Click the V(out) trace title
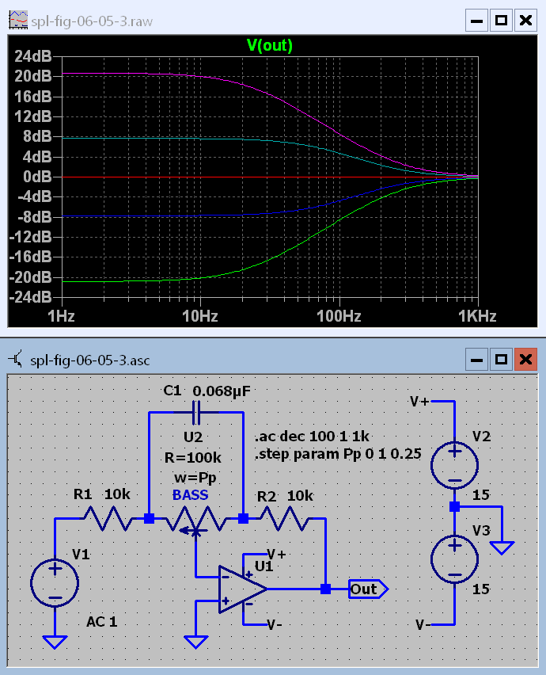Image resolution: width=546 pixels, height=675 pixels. click(x=270, y=46)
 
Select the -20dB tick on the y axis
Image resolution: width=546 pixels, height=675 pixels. click(x=32, y=277)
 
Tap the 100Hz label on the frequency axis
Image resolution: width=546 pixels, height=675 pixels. click(x=339, y=317)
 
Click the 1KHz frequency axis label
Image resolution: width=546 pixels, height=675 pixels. click(x=476, y=317)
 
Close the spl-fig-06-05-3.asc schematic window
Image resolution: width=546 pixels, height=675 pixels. click(x=525, y=360)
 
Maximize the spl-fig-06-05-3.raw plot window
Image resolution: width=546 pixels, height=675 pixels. click(x=500, y=20)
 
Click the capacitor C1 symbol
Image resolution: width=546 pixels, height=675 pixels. click(x=197, y=413)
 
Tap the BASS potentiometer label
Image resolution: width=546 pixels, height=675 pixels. click(x=191, y=495)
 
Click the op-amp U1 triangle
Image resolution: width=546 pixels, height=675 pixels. click(x=242, y=589)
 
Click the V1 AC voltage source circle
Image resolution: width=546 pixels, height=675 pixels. click(x=55, y=585)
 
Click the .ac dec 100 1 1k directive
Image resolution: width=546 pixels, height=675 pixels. click(x=313, y=437)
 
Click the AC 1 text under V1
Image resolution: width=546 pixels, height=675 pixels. click(x=102, y=622)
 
